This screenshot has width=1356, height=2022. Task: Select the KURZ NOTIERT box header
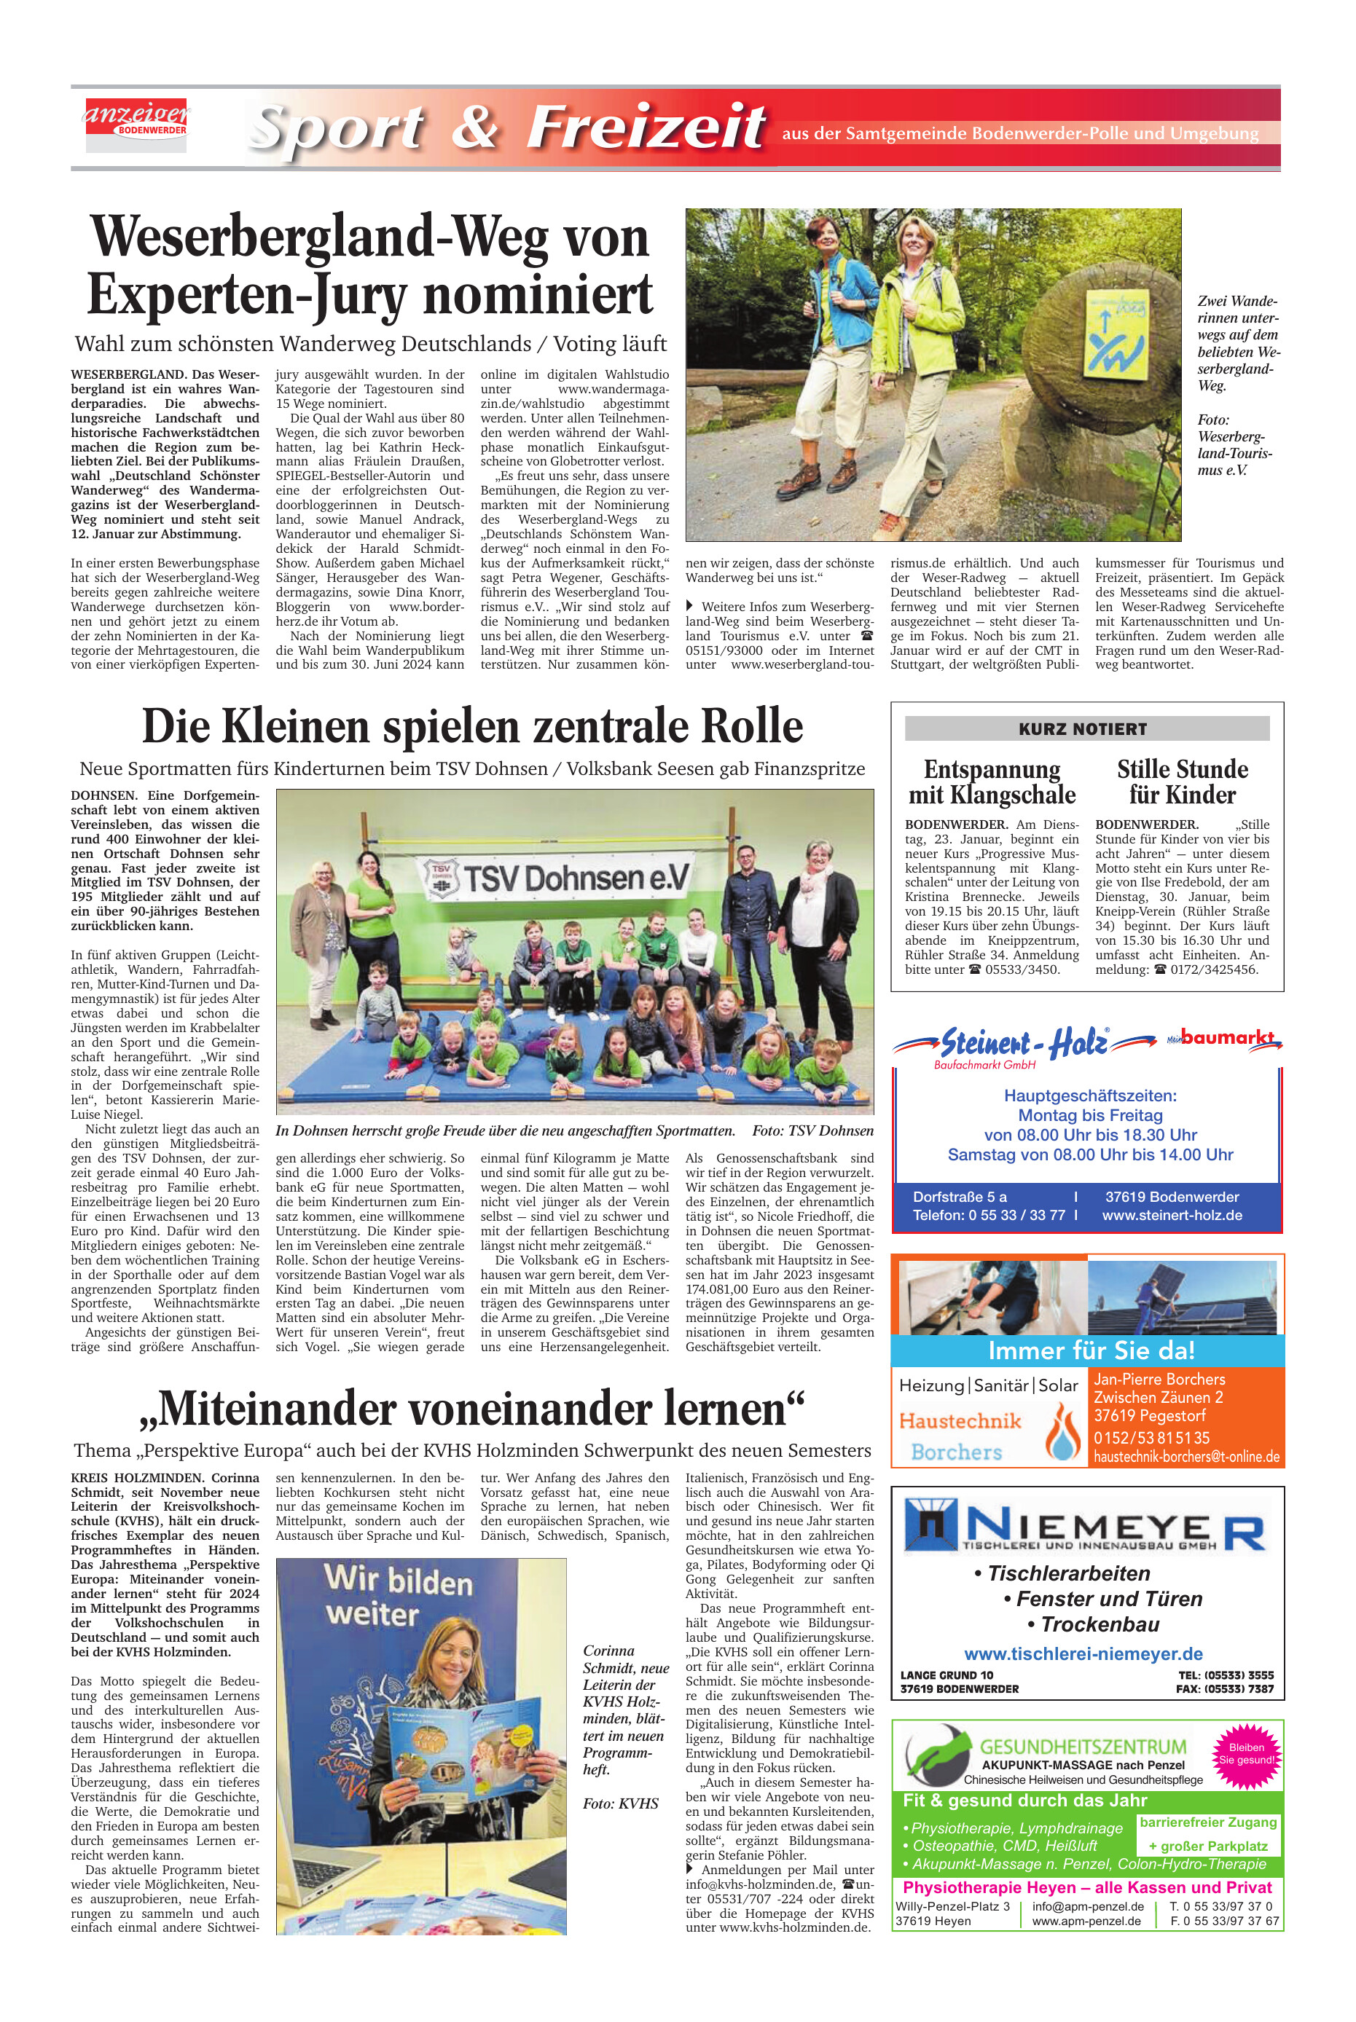coord(1086,728)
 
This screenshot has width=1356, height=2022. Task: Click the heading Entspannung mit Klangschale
coord(991,782)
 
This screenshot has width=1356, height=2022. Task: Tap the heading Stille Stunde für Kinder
coord(1181,782)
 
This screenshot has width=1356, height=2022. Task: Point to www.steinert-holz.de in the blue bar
coord(1171,1216)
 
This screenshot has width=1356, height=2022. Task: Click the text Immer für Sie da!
coord(1091,1350)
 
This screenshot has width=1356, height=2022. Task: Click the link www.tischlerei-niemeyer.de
coord(1083,1653)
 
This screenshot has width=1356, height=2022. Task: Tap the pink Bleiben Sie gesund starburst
coord(1245,1754)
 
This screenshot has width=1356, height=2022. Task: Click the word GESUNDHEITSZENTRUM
coord(1082,1746)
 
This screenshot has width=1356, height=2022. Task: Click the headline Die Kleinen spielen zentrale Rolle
coord(472,726)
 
